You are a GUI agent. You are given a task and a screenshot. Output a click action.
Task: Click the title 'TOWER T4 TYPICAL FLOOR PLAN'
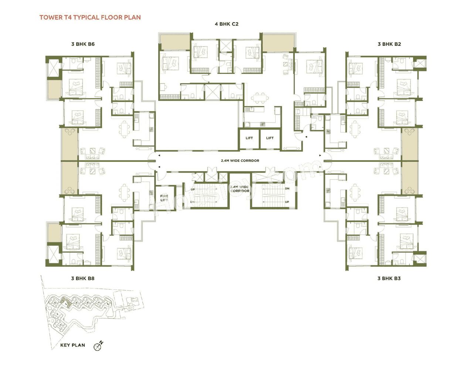pos(90,17)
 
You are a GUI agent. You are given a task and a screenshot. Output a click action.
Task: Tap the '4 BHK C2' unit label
pos(227,24)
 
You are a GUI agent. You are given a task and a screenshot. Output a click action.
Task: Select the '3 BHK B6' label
pos(83,44)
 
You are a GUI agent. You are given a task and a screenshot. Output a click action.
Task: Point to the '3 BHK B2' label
pos(389,44)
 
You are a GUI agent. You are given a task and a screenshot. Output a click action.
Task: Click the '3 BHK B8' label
pos(83,278)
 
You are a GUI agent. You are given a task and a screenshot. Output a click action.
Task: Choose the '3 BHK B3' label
pos(389,278)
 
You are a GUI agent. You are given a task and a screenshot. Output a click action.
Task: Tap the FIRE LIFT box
pos(164,198)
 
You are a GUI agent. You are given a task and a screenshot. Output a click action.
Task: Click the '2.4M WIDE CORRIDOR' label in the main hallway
pos(240,161)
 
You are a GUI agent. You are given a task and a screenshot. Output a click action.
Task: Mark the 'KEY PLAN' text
pos(72,345)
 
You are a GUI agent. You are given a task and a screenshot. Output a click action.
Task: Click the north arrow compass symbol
pos(98,346)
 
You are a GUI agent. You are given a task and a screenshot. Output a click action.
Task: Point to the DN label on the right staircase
pos(287,188)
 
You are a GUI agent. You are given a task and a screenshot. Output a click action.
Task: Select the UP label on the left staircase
pos(193,190)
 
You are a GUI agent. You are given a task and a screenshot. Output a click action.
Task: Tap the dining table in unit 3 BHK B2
pos(355,129)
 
